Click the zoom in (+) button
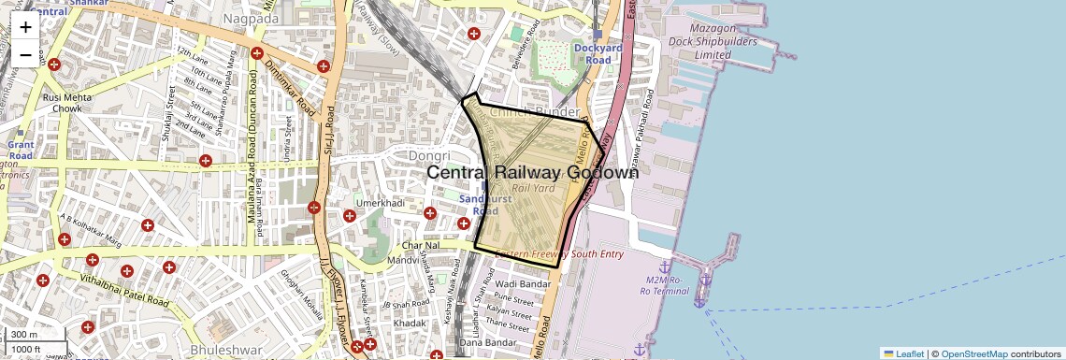click(25, 27)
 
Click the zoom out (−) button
click(25, 54)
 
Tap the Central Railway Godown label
click(533, 173)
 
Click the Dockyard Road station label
click(592, 54)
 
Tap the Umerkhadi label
click(380, 202)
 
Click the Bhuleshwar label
click(219, 349)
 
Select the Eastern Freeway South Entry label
click(559, 254)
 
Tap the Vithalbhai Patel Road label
click(124, 292)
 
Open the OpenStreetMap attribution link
click(973, 354)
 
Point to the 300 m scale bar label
click(24, 335)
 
